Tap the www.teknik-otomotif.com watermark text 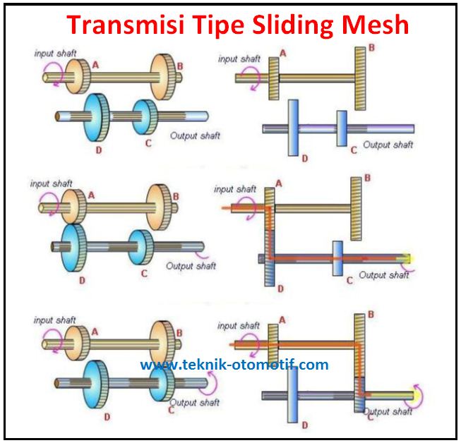[234, 365]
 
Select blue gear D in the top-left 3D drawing [97, 116]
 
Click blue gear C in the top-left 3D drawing [145, 116]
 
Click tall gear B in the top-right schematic [360, 78]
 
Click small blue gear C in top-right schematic [342, 128]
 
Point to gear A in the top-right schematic [273, 78]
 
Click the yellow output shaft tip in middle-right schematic [408, 260]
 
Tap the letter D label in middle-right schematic [280, 290]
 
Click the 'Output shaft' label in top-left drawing [195, 135]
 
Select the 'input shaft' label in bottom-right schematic [238, 326]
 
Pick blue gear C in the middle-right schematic [337, 259]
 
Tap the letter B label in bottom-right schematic [370, 314]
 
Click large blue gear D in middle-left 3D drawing [73, 248]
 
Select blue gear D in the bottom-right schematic [294, 394]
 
